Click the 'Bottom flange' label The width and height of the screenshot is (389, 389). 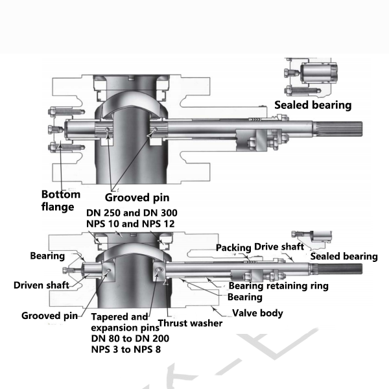tap(61, 200)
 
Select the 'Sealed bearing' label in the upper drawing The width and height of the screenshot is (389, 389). tap(312, 105)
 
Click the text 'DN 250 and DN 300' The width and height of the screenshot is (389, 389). tap(132, 213)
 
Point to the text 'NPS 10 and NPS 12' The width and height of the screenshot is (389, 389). tap(132, 225)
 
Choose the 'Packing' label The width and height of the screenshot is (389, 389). tap(233, 248)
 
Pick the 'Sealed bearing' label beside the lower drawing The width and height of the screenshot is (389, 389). tap(344, 257)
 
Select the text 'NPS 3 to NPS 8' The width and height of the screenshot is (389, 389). tap(126, 349)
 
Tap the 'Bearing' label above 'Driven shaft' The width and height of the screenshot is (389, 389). tap(47, 256)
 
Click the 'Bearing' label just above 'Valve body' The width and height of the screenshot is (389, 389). tap(244, 298)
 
